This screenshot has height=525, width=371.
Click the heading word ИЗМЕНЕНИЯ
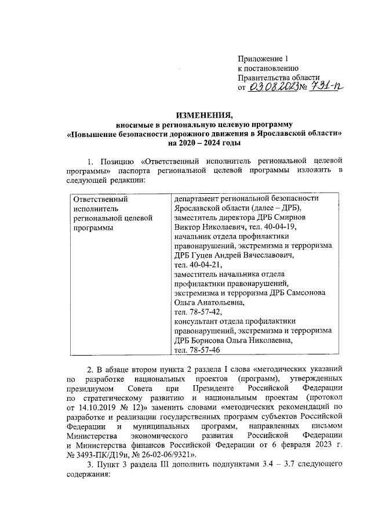(203, 114)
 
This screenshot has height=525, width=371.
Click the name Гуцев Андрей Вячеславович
(242, 255)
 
